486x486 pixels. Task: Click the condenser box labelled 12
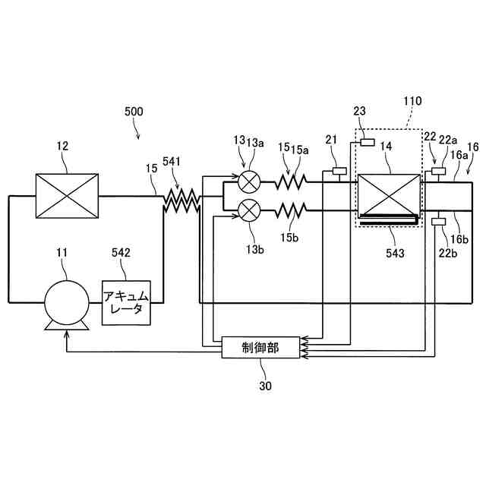(x=67, y=196)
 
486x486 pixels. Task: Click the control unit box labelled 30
(x=260, y=348)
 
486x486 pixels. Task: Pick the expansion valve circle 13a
(x=249, y=183)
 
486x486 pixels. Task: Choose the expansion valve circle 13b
(x=249, y=209)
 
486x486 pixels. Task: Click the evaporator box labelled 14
(x=387, y=196)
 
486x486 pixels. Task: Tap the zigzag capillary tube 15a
(x=289, y=182)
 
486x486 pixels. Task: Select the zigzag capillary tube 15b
(x=289, y=208)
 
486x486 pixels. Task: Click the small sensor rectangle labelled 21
(x=338, y=171)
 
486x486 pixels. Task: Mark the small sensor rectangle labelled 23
(x=368, y=143)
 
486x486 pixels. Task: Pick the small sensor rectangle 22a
(x=438, y=172)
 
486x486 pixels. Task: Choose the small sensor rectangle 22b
(x=438, y=221)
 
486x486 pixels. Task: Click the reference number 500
(x=133, y=111)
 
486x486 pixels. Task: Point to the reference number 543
(x=394, y=251)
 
